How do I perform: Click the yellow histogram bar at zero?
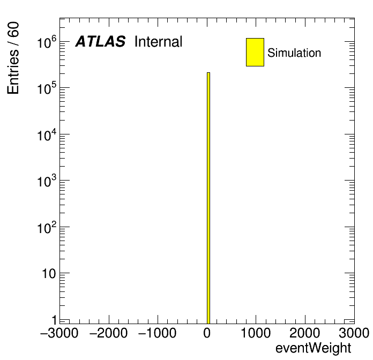208,198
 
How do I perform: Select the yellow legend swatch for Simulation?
255,52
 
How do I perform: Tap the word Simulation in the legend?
294,53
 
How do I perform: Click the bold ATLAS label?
100,41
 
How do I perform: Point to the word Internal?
158,41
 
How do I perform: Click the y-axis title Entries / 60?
13,58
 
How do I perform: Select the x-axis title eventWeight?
313,349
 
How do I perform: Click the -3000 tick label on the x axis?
59,333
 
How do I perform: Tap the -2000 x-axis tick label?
108,333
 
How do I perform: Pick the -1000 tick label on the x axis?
157,333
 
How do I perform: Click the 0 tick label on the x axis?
207,333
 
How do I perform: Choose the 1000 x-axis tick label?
256,333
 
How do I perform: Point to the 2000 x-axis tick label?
305,333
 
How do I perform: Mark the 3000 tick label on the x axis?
354,333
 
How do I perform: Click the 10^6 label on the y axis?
47,42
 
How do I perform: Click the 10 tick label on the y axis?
49,274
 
